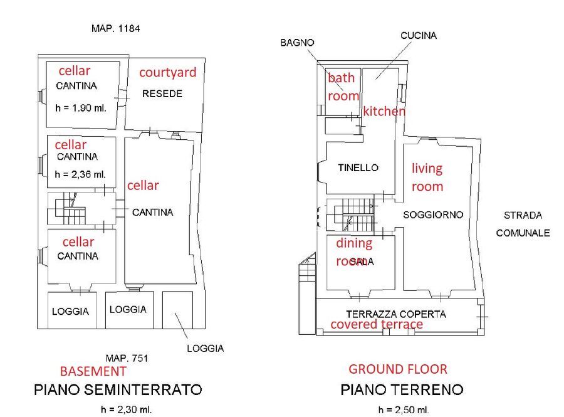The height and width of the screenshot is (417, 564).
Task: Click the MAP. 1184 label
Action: (115, 28)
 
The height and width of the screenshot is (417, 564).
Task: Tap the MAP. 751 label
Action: (127, 358)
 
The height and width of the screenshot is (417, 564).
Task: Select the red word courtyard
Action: (167, 72)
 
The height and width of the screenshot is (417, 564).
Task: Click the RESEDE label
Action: (162, 93)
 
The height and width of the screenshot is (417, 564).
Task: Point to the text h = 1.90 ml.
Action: (81, 108)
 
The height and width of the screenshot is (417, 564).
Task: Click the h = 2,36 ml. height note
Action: (80, 174)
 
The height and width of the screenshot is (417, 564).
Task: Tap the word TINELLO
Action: (358, 167)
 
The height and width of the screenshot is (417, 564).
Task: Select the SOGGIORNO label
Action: (433, 215)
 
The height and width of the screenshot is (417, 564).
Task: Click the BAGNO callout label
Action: (297, 43)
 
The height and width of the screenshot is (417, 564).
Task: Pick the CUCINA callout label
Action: (419, 35)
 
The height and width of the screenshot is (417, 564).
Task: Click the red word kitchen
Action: (384, 111)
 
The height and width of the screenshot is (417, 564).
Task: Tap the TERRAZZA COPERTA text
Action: (396, 314)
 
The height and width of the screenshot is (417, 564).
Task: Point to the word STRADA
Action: (523, 215)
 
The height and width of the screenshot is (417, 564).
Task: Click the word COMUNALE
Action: (523, 233)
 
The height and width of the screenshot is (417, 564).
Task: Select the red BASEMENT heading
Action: (93, 371)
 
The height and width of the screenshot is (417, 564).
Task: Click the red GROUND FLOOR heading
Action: (398, 369)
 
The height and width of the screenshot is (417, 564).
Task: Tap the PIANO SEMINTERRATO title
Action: (118, 389)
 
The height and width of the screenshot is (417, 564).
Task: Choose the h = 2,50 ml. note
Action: (404, 409)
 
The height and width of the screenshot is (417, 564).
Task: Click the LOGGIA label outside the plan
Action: (206, 348)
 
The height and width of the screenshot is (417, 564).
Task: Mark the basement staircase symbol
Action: (70, 208)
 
